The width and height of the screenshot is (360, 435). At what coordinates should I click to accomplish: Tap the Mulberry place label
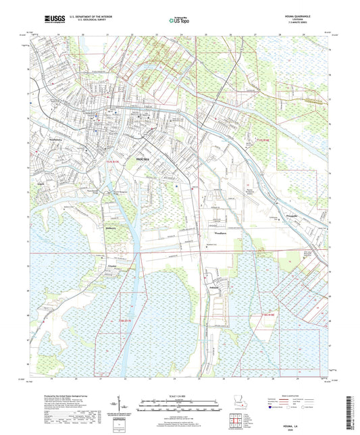(111, 227)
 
